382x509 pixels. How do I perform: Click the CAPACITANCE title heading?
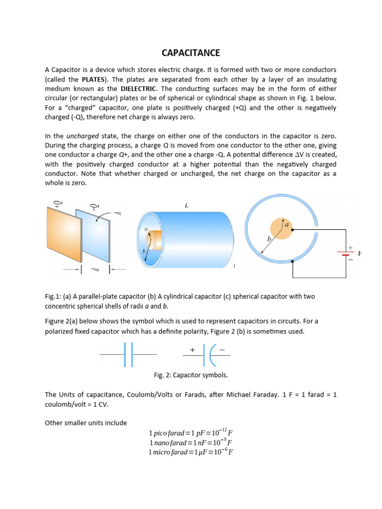(191, 53)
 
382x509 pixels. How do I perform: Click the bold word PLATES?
(95, 79)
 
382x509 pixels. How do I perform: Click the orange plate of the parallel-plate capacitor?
(62, 235)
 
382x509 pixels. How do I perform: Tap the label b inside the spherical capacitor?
(269, 239)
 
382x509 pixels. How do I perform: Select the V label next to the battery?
(360, 254)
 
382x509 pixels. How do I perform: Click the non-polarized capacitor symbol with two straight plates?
(128, 355)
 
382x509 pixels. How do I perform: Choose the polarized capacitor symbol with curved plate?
(207, 355)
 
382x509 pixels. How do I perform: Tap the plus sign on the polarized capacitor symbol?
(191, 350)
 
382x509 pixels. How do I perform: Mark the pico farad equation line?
(191, 432)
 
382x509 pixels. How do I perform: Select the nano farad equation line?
(191, 442)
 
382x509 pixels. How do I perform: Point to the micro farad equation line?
(191, 452)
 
